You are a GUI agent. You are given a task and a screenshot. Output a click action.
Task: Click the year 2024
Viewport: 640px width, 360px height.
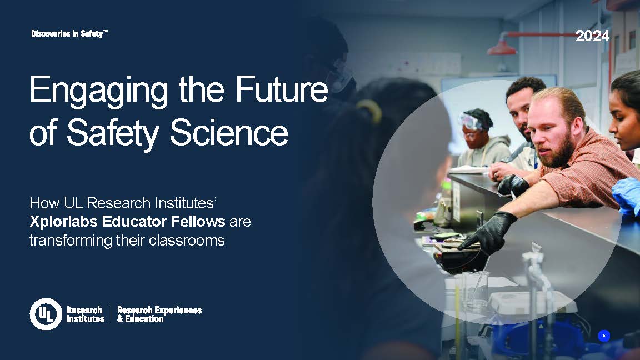(592, 37)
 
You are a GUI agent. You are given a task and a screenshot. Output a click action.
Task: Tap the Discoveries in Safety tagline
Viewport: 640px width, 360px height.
(69, 34)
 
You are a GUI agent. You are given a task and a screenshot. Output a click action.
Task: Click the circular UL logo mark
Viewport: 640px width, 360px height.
(46, 314)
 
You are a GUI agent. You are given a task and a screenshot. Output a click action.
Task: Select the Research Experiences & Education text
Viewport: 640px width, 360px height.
(159, 314)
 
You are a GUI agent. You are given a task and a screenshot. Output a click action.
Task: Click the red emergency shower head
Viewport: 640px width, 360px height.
(502, 48)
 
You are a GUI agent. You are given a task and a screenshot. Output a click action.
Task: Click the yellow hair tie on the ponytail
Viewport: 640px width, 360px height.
(369, 109)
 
